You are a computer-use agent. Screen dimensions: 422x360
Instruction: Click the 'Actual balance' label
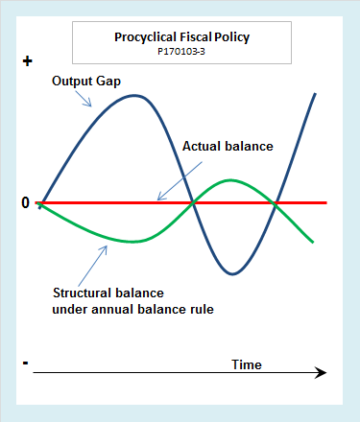coord(228,147)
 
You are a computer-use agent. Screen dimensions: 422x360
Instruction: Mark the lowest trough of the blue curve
coord(232,274)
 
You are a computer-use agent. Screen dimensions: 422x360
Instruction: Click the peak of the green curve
coord(231,179)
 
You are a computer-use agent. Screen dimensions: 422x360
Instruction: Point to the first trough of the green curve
coord(134,242)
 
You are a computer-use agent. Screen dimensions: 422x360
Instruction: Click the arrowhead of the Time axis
coord(322,372)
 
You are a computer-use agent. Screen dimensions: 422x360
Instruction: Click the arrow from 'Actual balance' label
coord(174,183)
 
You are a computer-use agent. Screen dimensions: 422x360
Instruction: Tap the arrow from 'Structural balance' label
coord(93,260)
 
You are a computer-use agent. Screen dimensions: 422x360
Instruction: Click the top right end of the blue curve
coord(316,92)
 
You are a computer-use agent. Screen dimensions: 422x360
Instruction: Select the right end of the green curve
coord(313,242)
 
